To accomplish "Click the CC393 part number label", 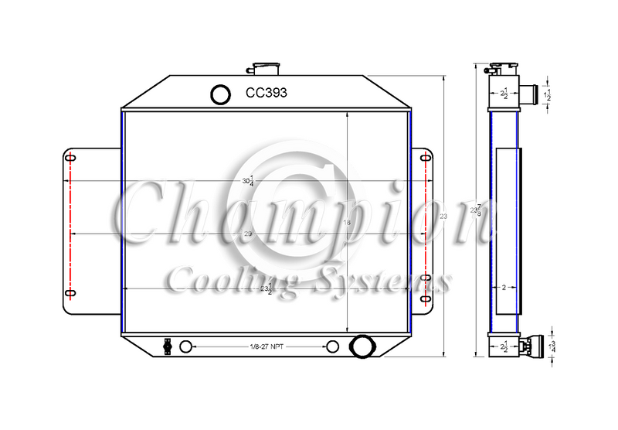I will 267,93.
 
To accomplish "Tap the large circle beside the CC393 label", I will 220,94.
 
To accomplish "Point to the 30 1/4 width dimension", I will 247,182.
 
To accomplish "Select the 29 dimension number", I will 247,234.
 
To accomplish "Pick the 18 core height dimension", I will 347,223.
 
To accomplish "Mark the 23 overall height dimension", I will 443,217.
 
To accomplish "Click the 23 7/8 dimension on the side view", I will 478,210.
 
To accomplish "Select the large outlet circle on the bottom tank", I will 362,346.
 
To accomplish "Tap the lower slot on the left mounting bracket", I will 70,293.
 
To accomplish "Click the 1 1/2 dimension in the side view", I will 548,95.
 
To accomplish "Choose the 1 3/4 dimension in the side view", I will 550,346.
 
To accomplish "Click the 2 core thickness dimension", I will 504,287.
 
